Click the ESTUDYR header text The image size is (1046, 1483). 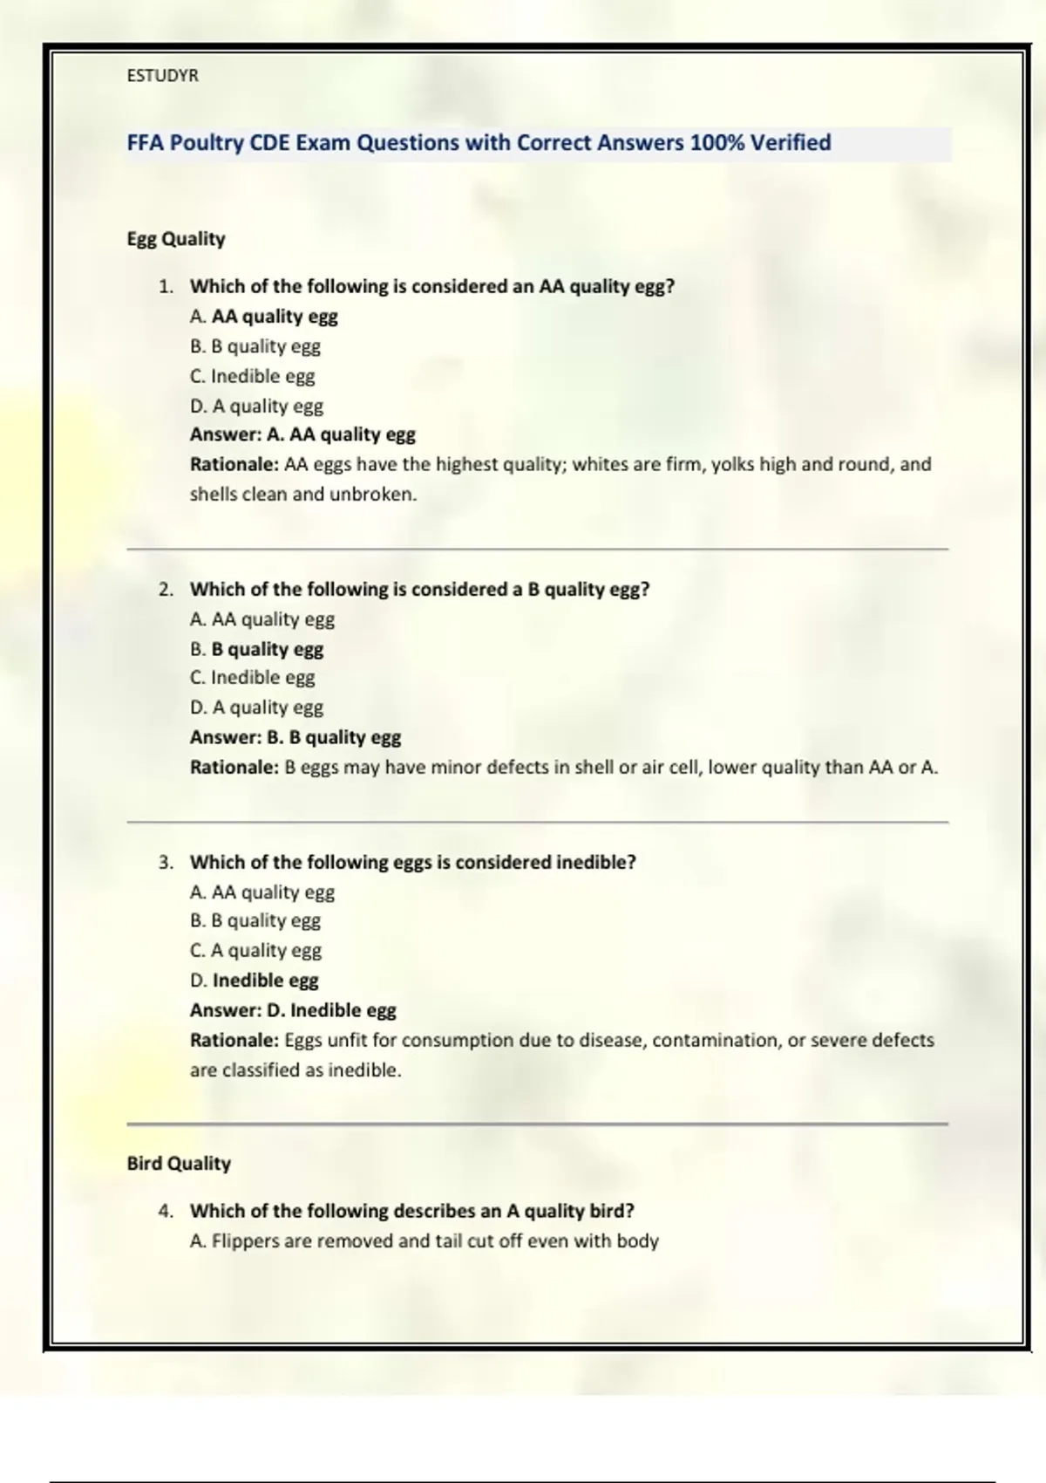coord(162,76)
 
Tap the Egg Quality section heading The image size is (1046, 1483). coord(176,239)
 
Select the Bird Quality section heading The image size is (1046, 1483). coord(179,1164)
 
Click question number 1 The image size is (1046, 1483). coord(166,286)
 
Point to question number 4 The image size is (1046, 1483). coord(166,1211)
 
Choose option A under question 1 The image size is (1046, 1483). coord(263,317)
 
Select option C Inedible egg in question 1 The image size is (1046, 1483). coord(252,376)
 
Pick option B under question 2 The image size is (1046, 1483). coord(256,649)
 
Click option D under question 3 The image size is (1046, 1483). coord(254,981)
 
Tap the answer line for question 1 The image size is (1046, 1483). coord(302,434)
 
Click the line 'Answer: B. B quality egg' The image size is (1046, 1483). coord(295,737)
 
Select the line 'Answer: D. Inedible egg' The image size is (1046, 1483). coord(293,1010)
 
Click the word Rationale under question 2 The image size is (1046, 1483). coord(234,768)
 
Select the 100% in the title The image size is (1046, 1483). coord(717,142)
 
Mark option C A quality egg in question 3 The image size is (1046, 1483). coord(255,950)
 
